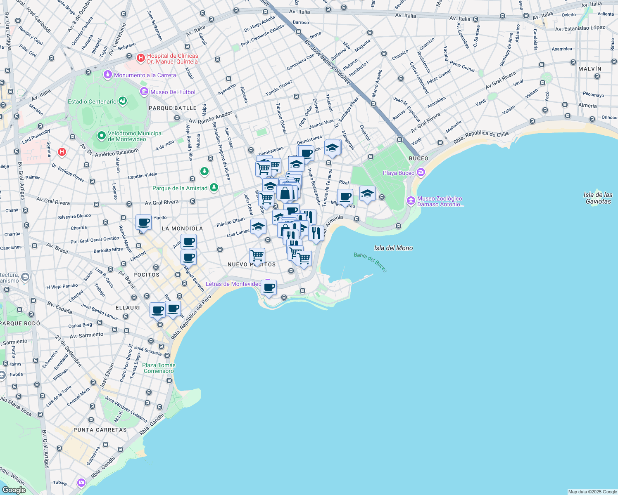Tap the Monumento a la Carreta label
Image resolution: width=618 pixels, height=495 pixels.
pyautogui.click(x=145, y=75)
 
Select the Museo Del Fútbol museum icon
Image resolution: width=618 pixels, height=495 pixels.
pyautogui.click(x=144, y=92)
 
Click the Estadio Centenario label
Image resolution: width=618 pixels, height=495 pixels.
pyautogui.click(x=92, y=101)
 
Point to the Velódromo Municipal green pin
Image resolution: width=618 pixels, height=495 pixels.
pyautogui.click(x=101, y=136)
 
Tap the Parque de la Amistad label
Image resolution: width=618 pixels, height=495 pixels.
pyautogui.click(x=180, y=188)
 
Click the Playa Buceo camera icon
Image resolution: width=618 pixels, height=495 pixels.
pyautogui.click(x=421, y=172)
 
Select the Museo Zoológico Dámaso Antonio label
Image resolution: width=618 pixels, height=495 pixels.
pyautogui.click(x=440, y=201)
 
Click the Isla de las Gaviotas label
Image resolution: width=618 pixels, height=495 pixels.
pyautogui.click(x=598, y=198)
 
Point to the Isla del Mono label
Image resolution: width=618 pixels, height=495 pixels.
pyautogui.click(x=393, y=248)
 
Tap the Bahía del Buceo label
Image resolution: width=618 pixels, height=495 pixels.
pyautogui.click(x=371, y=262)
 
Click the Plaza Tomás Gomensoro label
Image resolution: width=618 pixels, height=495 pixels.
pyautogui.click(x=159, y=368)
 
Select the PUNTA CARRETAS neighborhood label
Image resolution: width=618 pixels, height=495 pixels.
pyautogui.click(x=100, y=430)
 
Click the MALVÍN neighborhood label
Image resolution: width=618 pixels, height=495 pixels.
pyautogui.click(x=589, y=69)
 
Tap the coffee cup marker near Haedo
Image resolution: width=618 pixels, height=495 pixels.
pyautogui.click(x=143, y=222)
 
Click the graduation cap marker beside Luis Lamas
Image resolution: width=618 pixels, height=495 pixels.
pyautogui.click(x=258, y=227)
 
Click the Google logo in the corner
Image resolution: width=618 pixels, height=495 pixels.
pyautogui.click(x=14, y=490)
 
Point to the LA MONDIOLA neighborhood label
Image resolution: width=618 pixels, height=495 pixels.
pyautogui.click(x=182, y=229)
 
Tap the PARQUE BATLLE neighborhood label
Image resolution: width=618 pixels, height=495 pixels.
pyautogui.click(x=172, y=108)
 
